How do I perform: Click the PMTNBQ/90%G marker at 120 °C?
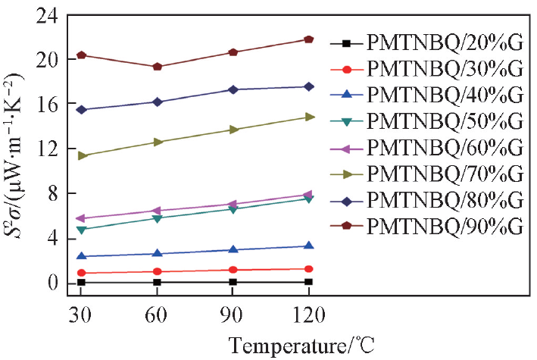click(309, 39)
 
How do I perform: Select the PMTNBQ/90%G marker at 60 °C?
click(157, 66)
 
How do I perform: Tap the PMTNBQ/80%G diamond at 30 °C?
click(81, 110)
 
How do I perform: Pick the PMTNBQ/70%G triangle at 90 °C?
click(233, 130)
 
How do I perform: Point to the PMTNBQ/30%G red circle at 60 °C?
click(157, 271)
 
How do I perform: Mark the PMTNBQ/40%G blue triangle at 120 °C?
click(309, 246)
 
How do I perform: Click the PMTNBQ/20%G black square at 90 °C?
click(233, 282)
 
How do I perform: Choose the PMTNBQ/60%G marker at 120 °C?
click(309, 195)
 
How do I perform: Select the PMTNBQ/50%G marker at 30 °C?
click(81, 229)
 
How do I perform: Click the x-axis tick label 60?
click(157, 315)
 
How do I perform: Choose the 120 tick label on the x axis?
click(309, 315)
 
